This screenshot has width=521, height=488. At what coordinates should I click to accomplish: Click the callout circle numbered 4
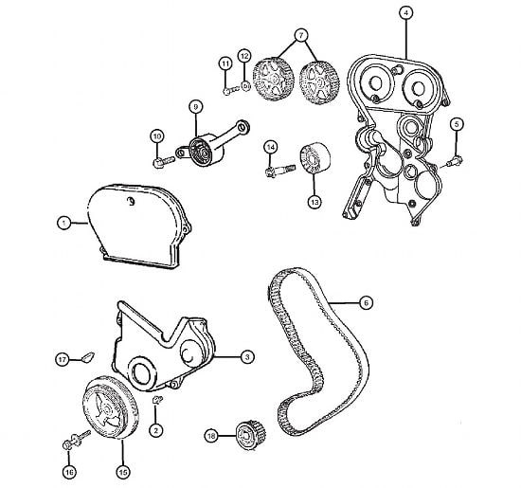pyautogui.click(x=405, y=13)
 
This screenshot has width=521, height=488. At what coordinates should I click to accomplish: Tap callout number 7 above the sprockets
pyautogui.click(x=301, y=35)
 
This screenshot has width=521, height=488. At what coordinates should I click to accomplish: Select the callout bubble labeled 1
pyautogui.click(x=63, y=223)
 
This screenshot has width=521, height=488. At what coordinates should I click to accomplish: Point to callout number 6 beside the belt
pyautogui.click(x=367, y=303)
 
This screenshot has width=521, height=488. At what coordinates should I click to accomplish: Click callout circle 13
pyautogui.click(x=314, y=202)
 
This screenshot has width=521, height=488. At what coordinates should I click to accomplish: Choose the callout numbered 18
pyautogui.click(x=211, y=436)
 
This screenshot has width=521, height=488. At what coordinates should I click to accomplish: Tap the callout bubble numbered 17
pyautogui.click(x=63, y=359)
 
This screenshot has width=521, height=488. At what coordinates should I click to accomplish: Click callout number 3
pyautogui.click(x=247, y=357)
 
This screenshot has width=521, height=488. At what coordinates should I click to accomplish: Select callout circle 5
pyautogui.click(x=457, y=124)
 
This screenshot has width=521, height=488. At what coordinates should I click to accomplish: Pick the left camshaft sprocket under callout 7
pyautogui.click(x=274, y=79)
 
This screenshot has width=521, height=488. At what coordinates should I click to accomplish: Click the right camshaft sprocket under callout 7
pyautogui.click(x=319, y=82)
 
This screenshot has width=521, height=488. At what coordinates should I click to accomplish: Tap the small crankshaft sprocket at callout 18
pyautogui.click(x=250, y=435)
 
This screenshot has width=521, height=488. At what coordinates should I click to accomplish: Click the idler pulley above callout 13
pyautogui.click(x=314, y=158)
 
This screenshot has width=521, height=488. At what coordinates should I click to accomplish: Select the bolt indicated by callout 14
pyautogui.click(x=280, y=171)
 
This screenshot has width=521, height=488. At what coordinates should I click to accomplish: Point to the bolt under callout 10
pyautogui.click(x=164, y=162)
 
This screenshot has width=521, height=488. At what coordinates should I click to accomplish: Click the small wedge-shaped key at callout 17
pyautogui.click(x=88, y=356)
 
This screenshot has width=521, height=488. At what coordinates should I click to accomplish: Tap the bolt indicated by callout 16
pyautogui.click(x=77, y=440)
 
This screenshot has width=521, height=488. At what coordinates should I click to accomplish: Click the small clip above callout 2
pyautogui.click(x=157, y=399)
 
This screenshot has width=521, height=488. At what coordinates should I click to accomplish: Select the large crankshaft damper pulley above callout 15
pyautogui.click(x=110, y=407)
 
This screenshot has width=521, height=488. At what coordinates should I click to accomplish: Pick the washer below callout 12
pyautogui.click(x=245, y=86)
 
